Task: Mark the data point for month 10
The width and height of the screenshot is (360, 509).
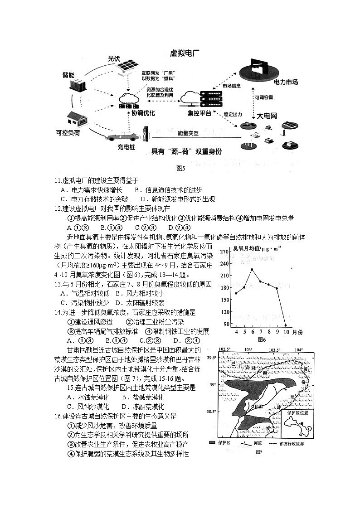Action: coord(286,325)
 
